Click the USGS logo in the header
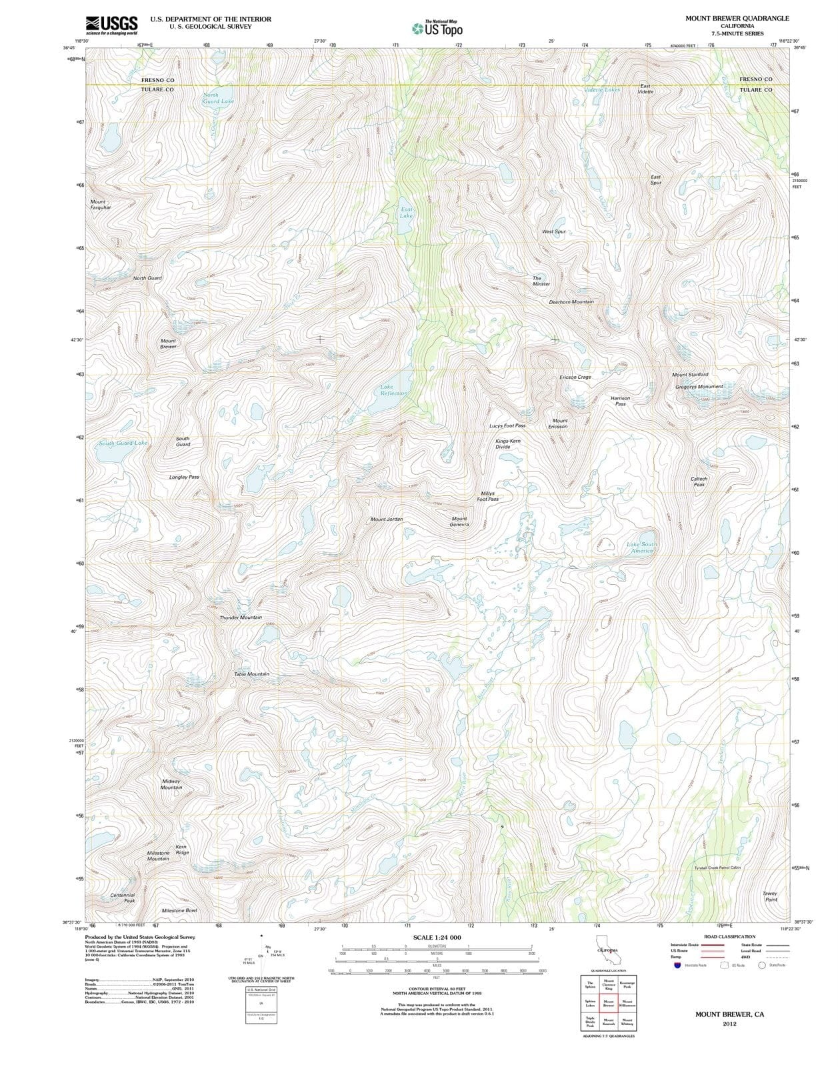(x=111, y=25)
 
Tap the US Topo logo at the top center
(x=437, y=28)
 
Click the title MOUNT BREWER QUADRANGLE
(x=737, y=18)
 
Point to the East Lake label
(x=407, y=212)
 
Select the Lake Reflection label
(x=393, y=389)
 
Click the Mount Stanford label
(x=690, y=375)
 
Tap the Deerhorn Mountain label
(x=571, y=302)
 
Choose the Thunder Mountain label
(x=241, y=618)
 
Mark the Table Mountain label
(x=251, y=674)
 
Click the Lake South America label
(x=641, y=548)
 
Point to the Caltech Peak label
(x=699, y=481)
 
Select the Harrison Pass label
(x=620, y=401)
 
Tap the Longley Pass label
(x=184, y=477)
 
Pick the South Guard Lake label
(x=123, y=443)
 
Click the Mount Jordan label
(x=387, y=519)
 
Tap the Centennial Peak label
(x=123, y=898)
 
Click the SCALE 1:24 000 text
(x=437, y=938)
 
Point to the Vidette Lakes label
(x=601, y=89)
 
